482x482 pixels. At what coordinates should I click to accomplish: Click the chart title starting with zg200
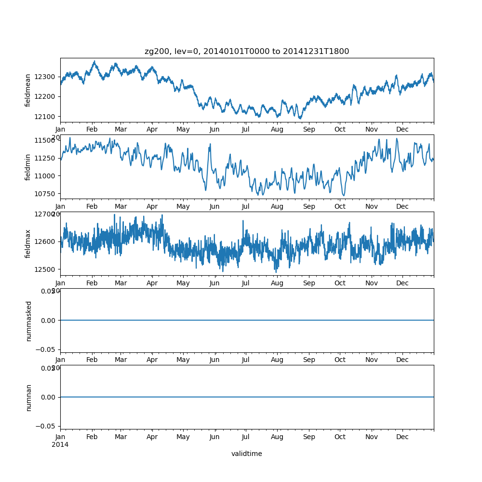pos(247,51)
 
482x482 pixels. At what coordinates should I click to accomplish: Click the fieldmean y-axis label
pos(28,90)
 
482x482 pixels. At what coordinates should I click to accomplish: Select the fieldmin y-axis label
pos(28,167)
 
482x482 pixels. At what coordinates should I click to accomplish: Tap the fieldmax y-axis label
pos(28,243)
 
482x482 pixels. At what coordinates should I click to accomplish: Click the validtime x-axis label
pos(247,454)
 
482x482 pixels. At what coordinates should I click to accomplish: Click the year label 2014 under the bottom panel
pos(60,444)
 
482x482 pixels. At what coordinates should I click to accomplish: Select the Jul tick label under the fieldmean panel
pos(246,130)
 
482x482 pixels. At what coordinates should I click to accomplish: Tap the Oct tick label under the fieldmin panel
pos(340,207)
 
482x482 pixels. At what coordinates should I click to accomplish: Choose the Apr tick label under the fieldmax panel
pos(152,283)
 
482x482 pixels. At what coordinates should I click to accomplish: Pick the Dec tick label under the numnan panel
pos(402,437)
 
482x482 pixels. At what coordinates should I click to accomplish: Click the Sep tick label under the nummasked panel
pos(309,360)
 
